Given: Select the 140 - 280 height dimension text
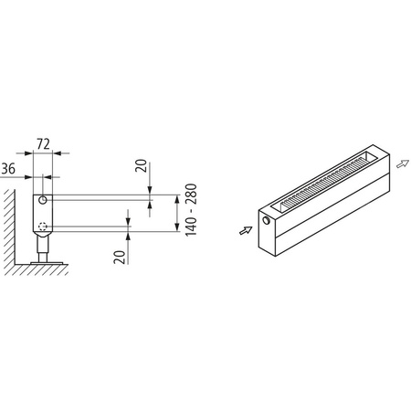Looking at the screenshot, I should pyautogui.click(x=189, y=212).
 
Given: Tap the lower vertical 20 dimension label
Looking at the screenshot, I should pyautogui.click(x=119, y=256).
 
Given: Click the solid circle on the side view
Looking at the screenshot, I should pyautogui.click(x=43, y=200).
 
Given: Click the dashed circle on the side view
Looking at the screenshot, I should pyautogui.click(x=42, y=226).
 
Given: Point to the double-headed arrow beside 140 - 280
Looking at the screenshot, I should pyautogui.click(x=176, y=213).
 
